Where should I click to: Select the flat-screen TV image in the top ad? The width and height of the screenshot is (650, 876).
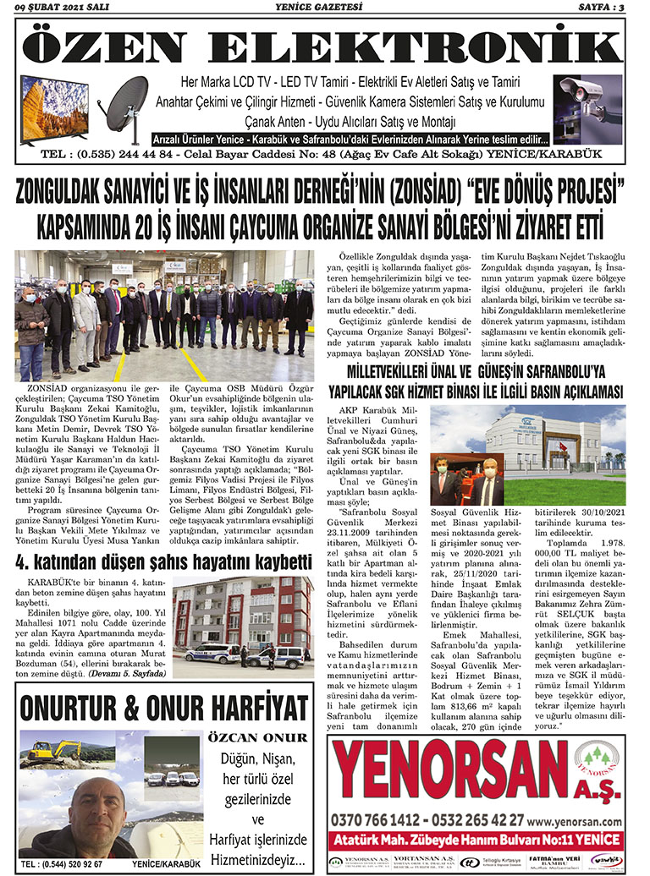tap(54, 107)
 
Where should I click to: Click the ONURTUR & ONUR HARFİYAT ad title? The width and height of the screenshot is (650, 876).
tap(163, 706)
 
